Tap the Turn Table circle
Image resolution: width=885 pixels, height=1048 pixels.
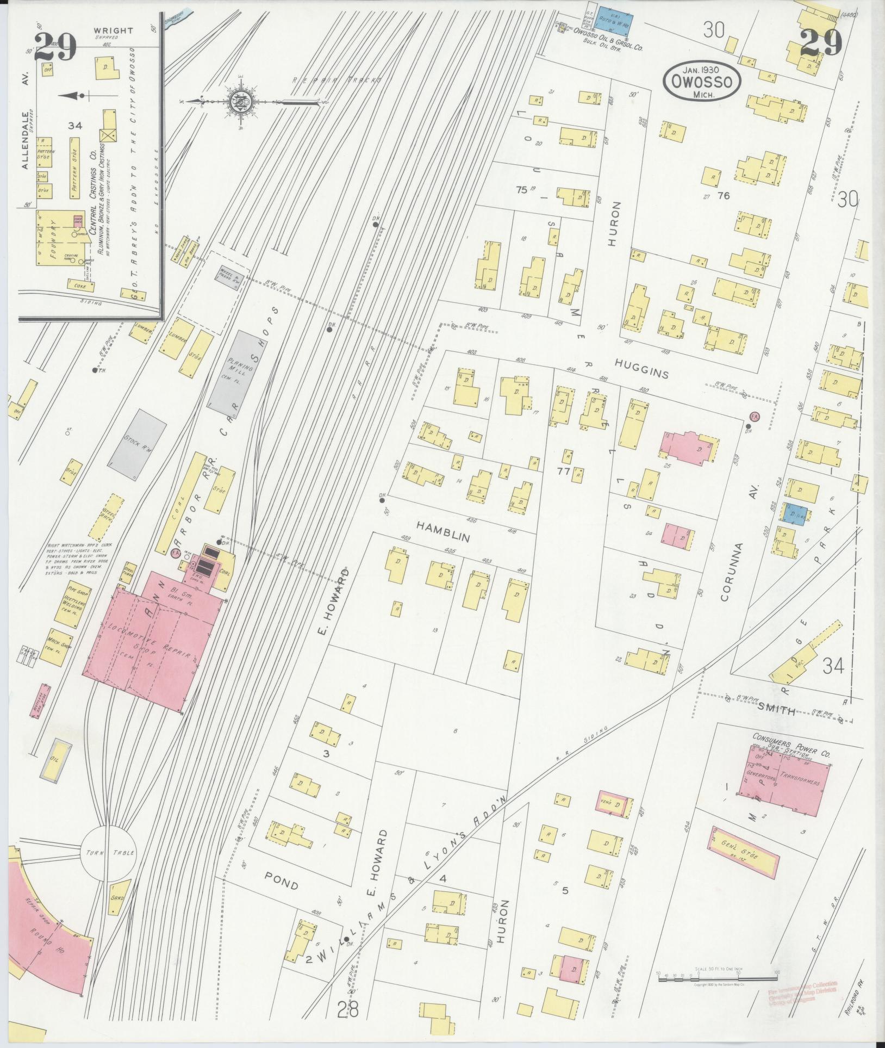pos(109,867)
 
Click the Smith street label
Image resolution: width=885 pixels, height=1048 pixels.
pos(776,710)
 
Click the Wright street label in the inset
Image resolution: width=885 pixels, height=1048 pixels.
pos(113,31)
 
